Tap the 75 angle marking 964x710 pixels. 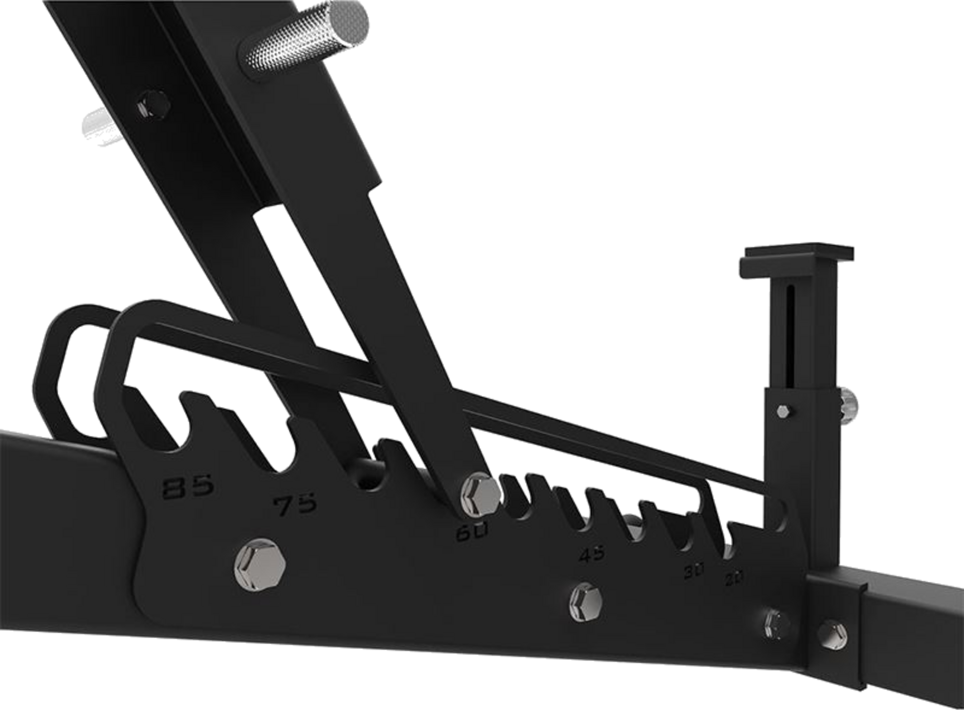point(296,504)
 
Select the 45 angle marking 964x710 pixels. point(592,554)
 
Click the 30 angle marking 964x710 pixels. point(695,572)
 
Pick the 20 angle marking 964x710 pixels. point(735,577)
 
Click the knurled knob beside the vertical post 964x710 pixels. point(849,406)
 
